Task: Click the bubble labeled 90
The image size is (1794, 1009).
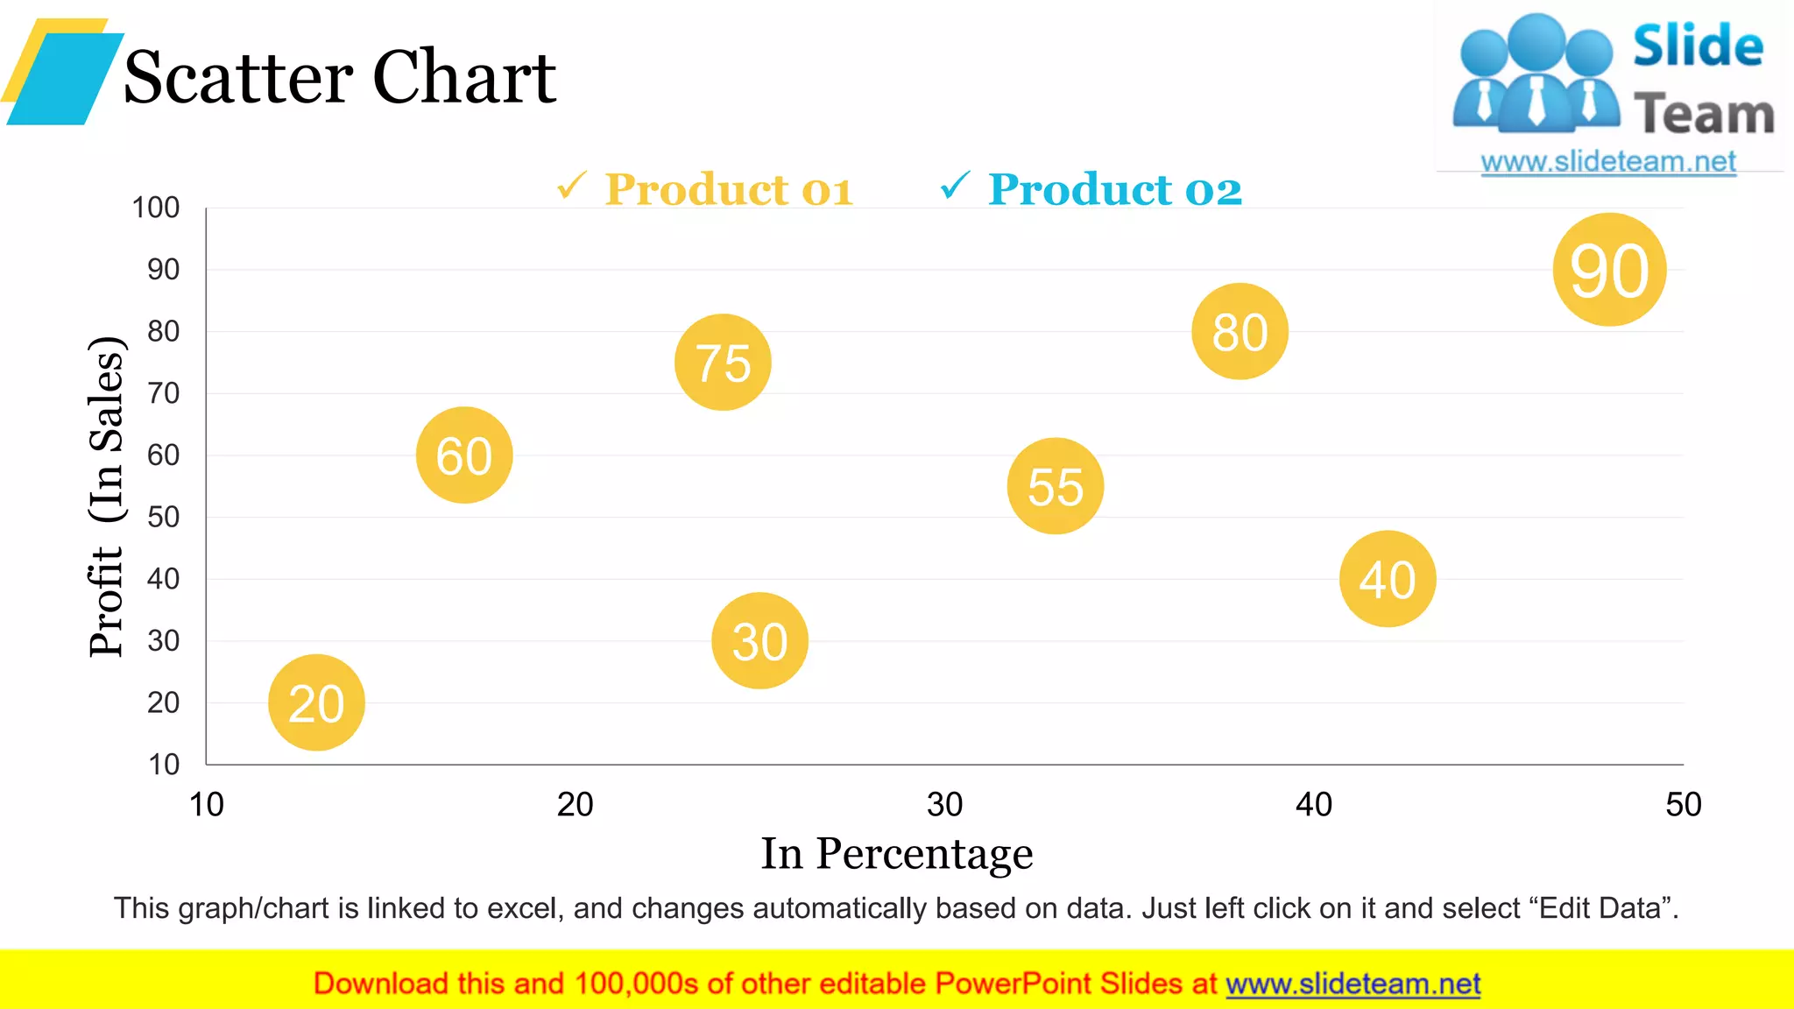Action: point(1609,270)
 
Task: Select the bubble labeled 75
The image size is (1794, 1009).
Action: point(723,362)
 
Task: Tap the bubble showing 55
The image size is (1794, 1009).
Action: point(1056,486)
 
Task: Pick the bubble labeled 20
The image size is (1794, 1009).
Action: point(316,702)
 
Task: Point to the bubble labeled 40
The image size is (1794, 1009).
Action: point(1388,579)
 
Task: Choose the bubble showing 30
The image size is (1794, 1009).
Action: point(759,641)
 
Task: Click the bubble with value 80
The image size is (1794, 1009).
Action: point(1240,331)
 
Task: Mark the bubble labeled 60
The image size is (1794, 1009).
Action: point(464,455)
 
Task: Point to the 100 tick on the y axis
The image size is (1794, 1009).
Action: point(156,208)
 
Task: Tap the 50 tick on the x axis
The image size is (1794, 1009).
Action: point(1683,804)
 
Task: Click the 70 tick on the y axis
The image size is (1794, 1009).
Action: point(164,393)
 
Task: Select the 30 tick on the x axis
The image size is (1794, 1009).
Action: point(944,804)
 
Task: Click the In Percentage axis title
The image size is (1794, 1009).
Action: point(896,854)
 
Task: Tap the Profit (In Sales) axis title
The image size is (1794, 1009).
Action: point(107,497)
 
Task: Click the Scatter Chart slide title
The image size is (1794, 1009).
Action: point(340,77)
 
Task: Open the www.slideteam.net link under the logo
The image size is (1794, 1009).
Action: point(1608,162)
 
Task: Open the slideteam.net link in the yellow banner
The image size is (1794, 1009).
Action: point(1353,984)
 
